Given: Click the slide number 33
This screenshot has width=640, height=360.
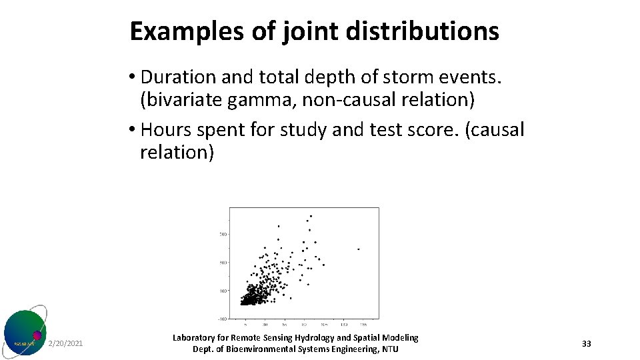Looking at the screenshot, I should [586, 344].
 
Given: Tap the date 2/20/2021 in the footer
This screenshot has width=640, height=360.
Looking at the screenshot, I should [66, 344].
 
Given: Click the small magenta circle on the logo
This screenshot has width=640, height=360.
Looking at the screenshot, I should [37, 335].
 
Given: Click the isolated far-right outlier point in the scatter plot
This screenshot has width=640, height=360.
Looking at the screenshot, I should [359, 249].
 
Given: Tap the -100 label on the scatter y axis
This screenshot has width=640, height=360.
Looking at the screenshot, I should [223, 319].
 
